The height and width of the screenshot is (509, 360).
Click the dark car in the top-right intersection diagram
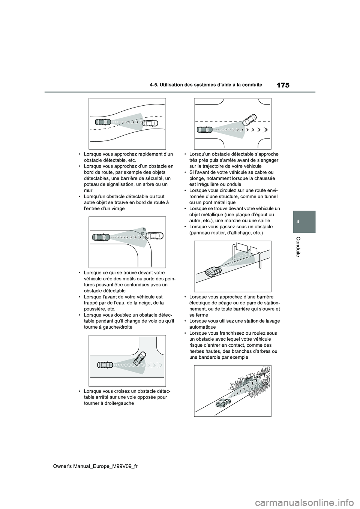point(205,130)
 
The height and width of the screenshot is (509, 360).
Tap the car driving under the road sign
point(213,271)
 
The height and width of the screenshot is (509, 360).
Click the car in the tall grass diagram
point(223,403)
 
